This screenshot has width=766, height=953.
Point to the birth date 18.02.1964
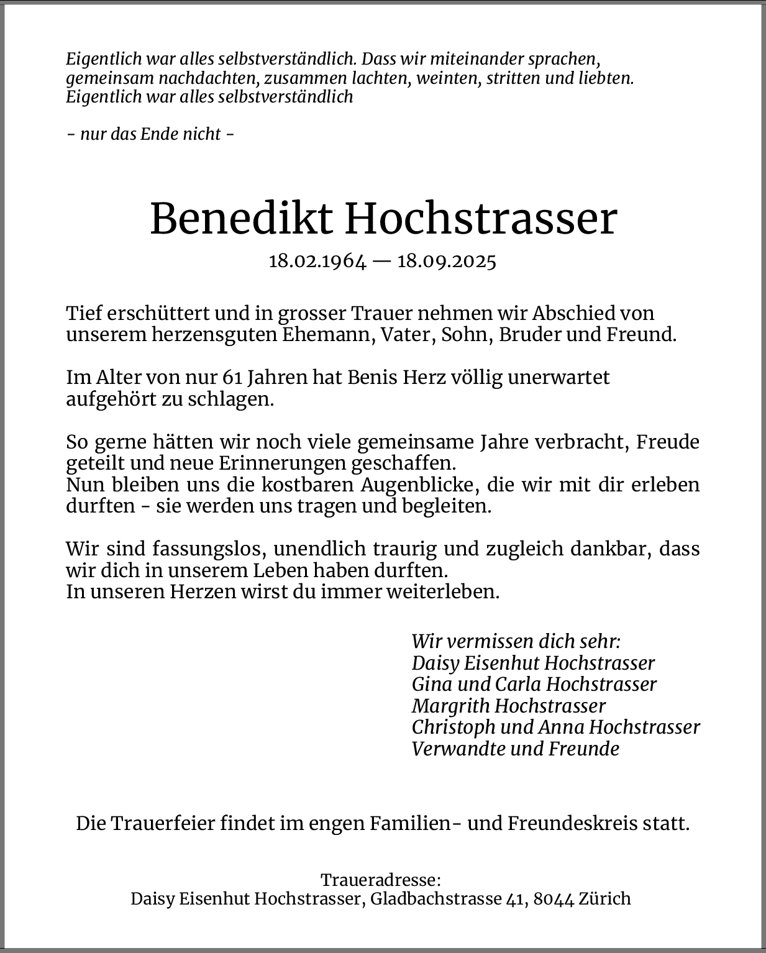[317, 261]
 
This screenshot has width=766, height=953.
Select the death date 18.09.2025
[447, 261]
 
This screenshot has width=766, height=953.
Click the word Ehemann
[327, 334]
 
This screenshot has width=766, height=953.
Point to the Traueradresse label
[380, 880]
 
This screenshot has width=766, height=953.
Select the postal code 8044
[554, 898]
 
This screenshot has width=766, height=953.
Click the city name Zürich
[604, 898]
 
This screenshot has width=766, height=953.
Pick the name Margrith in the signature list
[450, 706]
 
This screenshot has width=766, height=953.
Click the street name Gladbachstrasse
[435, 898]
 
